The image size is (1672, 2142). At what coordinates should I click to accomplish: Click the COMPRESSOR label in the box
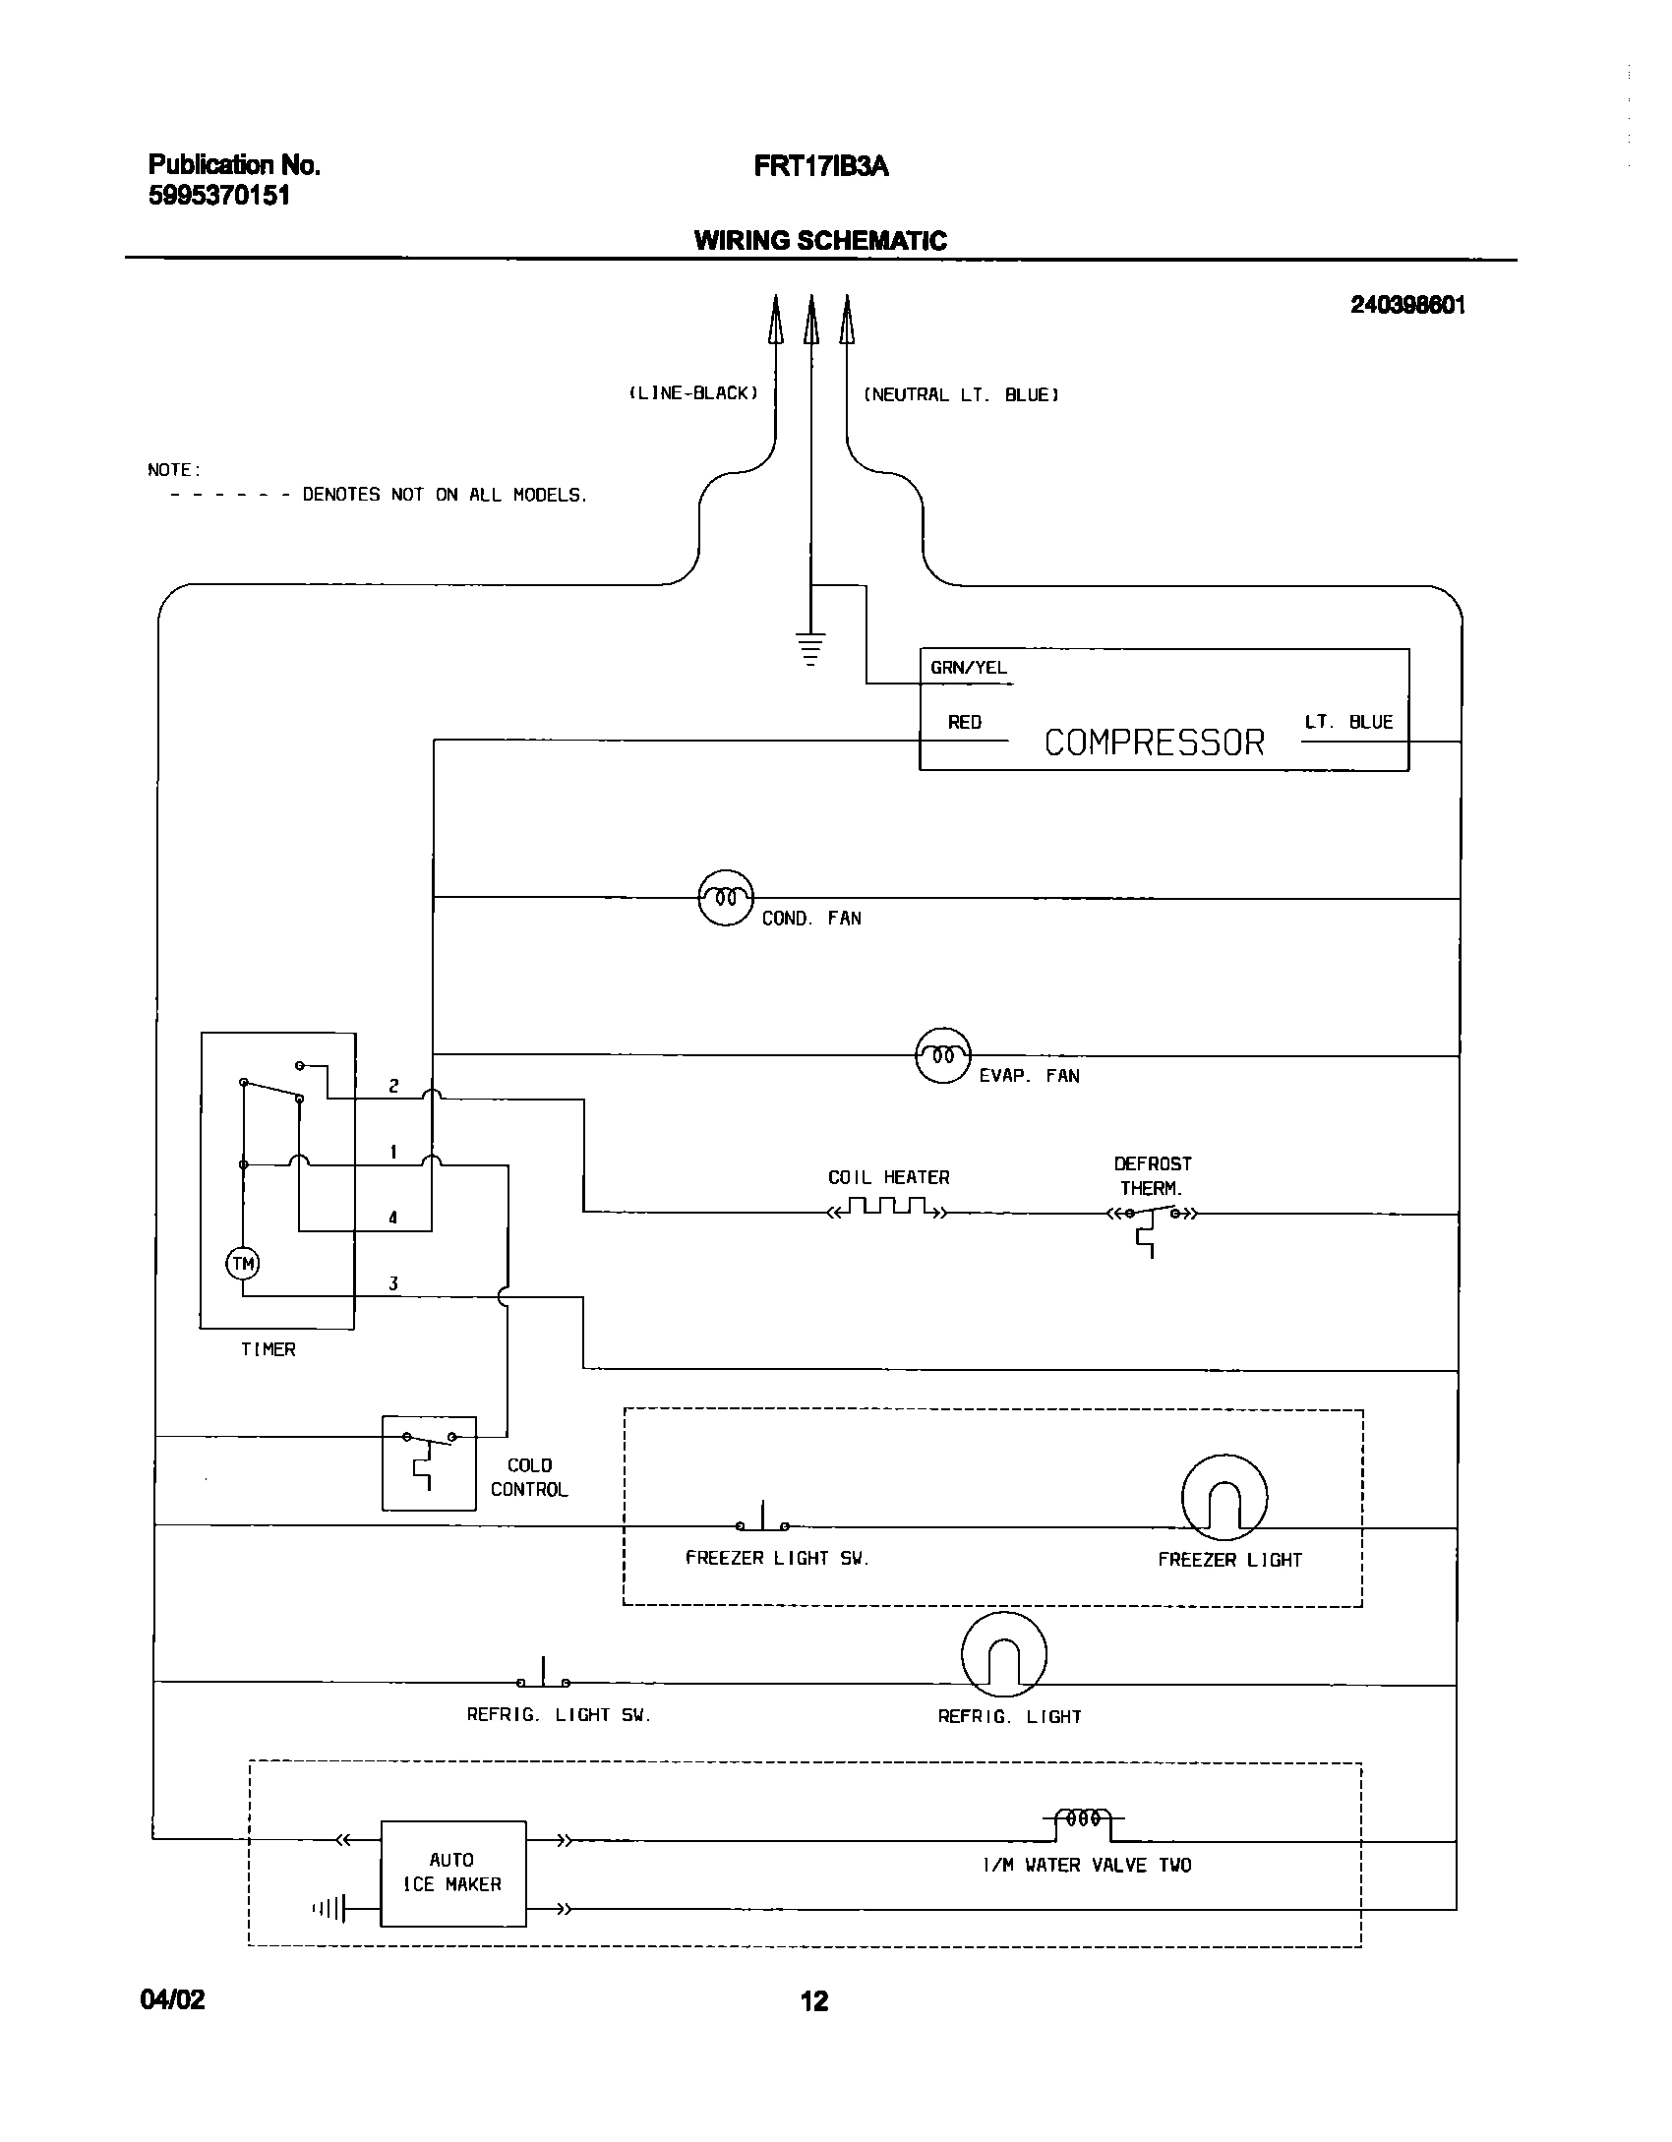click(1154, 743)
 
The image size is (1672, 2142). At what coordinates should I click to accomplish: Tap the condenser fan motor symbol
click(726, 898)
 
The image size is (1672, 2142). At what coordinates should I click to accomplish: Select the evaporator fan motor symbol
click(943, 1055)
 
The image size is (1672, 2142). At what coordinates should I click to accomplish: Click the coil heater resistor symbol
click(888, 1209)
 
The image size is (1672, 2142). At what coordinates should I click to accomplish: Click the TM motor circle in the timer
click(243, 1264)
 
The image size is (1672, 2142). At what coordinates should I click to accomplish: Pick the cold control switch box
click(429, 1462)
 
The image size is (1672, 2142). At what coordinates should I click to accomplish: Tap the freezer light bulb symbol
click(1224, 1497)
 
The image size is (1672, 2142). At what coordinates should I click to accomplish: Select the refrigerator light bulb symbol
click(1003, 1654)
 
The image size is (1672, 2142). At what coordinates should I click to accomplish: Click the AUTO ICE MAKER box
click(452, 1873)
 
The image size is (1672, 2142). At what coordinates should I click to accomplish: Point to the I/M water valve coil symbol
click(1083, 1820)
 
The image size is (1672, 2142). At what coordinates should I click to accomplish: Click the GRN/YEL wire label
click(969, 668)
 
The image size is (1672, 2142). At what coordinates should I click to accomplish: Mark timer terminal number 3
click(393, 1283)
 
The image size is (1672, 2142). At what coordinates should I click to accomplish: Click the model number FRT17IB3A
click(821, 167)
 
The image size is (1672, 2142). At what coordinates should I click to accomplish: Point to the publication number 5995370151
click(219, 196)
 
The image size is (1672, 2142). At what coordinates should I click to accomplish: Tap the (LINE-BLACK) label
click(694, 393)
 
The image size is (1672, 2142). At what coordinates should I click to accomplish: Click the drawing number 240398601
click(1407, 305)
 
